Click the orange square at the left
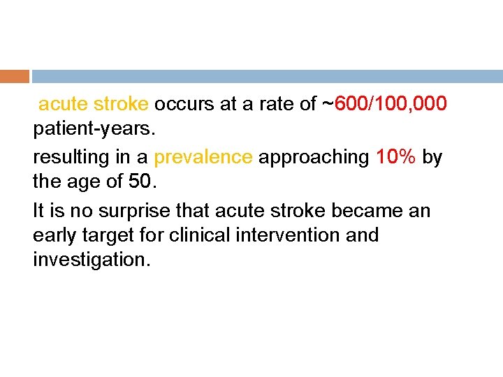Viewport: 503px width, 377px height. pos(15,76)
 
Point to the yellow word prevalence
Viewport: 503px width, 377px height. pos(203,157)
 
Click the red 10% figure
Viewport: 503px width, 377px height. pos(396,157)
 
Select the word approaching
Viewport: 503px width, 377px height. pos(314,157)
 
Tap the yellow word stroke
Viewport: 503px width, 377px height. pos(121,105)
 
